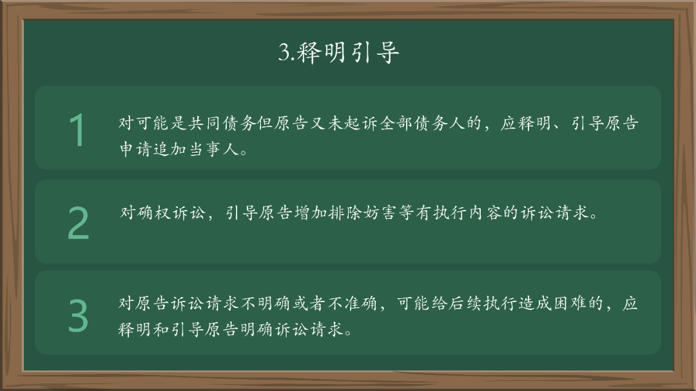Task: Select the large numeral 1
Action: [x=77, y=130]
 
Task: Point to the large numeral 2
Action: [x=78, y=224]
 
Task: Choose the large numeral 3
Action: [x=78, y=315]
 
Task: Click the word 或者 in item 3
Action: [x=310, y=303]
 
